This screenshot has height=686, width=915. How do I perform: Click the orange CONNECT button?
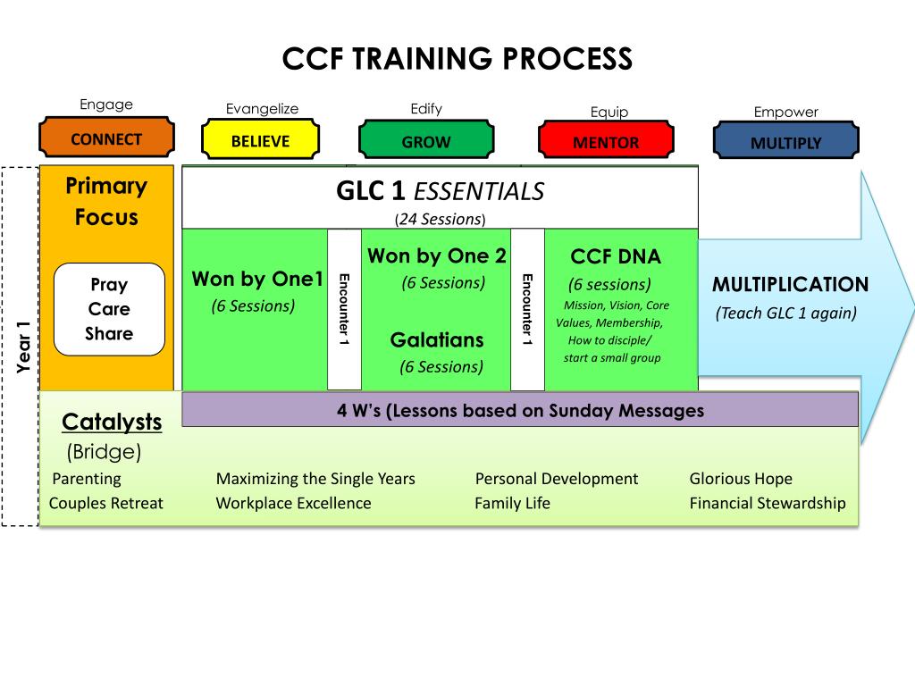pyautogui.click(x=106, y=139)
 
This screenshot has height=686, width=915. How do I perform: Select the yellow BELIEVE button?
pyautogui.click(x=260, y=141)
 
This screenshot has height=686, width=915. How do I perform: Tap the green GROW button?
pyautogui.click(x=426, y=142)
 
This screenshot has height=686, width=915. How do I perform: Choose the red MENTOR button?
pyautogui.click(x=606, y=143)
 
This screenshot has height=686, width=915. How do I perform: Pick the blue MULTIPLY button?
pyautogui.click(x=785, y=143)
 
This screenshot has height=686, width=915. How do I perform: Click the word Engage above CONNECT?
pyautogui.click(x=106, y=105)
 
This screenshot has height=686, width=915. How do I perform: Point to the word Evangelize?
pyautogui.click(x=262, y=109)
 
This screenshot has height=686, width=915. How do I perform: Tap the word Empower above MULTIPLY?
pyautogui.click(x=785, y=113)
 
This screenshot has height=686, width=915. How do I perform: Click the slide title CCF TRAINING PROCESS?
pyautogui.click(x=457, y=59)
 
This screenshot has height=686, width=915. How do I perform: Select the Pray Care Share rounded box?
pyautogui.click(x=109, y=309)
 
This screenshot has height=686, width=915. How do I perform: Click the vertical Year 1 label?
pyautogui.click(x=24, y=346)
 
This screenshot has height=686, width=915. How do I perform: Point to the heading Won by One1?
pyautogui.click(x=257, y=279)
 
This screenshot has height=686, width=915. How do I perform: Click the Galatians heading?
pyautogui.click(x=437, y=340)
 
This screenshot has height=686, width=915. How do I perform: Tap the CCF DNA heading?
pyautogui.click(x=616, y=257)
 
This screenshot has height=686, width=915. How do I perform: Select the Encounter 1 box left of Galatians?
pyautogui.click(x=345, y=309)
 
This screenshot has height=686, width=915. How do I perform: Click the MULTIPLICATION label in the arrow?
pyautogui.click(x=790, y=285)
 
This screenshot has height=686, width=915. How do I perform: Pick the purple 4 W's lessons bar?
pyautogui.click(x=520, y=411)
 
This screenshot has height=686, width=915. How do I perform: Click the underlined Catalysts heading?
pyautogui.click(x=112, y=422)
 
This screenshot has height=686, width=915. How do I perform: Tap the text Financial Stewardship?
pyautogui.click(x=767, y=503)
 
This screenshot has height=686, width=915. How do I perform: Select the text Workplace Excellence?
pyautogui.click(x=293, y=503)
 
